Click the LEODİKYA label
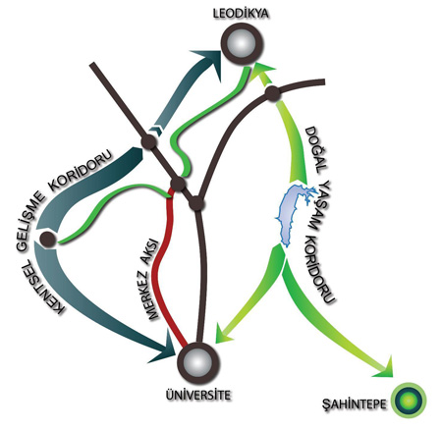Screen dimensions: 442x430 pyautogui.click(x=241, y=14)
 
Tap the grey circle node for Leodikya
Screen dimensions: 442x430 pyautogui.click(x=242, y=44)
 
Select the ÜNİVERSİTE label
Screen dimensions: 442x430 pyautogui.click(x=198, y=395)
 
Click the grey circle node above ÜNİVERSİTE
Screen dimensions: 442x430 pyautogui.click(x=197, y=363)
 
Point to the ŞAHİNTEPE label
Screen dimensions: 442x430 pyautogui.click(x=355, y=404)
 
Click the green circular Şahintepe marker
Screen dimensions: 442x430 pyautogui.click(x=411, y=401)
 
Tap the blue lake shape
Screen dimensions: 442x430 pyautogui.click(x=293, y=214)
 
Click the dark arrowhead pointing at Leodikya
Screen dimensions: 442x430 pyautogui.click(x=208, y=64)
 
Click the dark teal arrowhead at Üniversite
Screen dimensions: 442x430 pyautogui.click(x=164, y=349)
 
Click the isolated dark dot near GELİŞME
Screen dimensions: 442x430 pyautogui.click(x=47, y=239)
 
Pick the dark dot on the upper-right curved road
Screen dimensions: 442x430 pyautogui.click(x=272, y=94)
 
